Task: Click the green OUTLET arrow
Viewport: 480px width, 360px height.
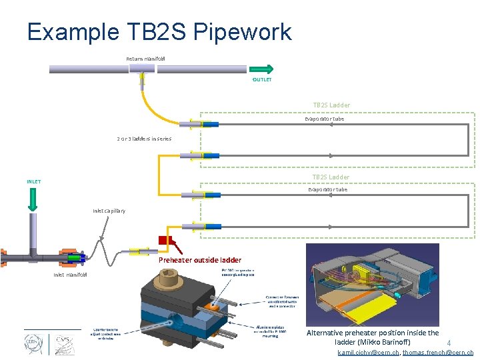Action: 261,69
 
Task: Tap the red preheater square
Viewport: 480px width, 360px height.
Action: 164,241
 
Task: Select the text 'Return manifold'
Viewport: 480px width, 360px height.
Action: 145,59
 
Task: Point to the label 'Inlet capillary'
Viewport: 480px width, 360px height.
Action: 109,211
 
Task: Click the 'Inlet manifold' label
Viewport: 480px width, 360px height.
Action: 69,275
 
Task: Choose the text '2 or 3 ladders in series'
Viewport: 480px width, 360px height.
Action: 144,139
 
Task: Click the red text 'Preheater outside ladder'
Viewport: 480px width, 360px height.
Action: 200,260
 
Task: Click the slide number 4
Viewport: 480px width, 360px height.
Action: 449,344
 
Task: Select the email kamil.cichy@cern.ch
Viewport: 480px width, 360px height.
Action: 369,353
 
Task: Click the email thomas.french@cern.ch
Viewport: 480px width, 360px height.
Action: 438,353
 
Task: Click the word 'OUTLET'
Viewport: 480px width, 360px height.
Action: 262,80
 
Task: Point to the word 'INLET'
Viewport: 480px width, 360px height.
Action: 33,181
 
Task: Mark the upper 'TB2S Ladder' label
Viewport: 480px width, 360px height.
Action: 331,105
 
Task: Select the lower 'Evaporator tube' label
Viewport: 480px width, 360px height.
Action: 327,189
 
